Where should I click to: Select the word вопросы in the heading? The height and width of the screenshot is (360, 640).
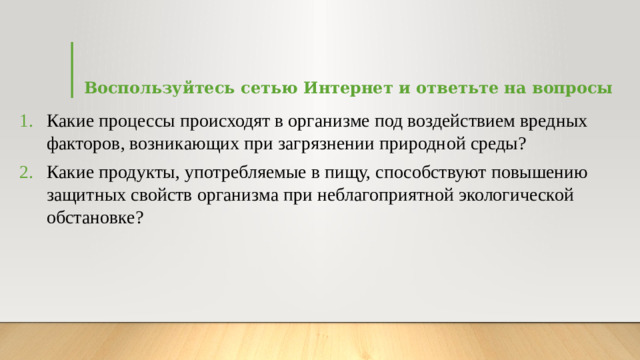(x=573, y=88)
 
